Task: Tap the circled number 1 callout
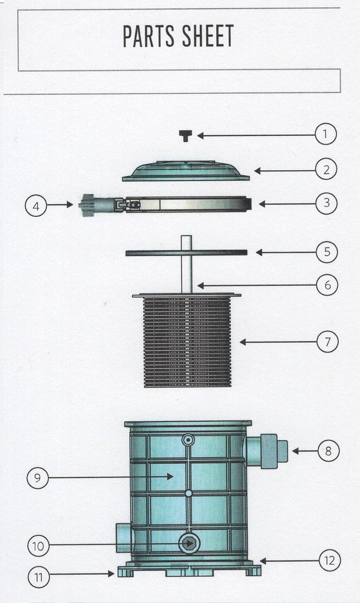(x=325, y=134)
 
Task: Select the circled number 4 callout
(x=36, y=206)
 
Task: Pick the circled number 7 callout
(x=328, y=342)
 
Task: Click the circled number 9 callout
(x=38, y=478)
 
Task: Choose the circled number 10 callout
(x=38, y=546)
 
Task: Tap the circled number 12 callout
(x=330, y=561)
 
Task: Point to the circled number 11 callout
(x=39, y=577)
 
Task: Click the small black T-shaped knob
(x=186, y=135)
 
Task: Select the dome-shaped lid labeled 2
(x=186, y=171)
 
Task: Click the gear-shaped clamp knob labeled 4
(x=88, y=206)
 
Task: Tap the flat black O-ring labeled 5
(x=187, y=253)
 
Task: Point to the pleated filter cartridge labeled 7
(x=187, y=340)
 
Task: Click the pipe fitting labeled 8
(x=266, y=450)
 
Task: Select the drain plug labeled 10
(x=189, y=544)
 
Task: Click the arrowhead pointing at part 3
(x=262, y=204)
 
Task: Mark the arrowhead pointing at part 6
(x=201, y=286)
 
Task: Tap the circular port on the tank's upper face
(x=188, y=439)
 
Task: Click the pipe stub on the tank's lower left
(x=124, y=537)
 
